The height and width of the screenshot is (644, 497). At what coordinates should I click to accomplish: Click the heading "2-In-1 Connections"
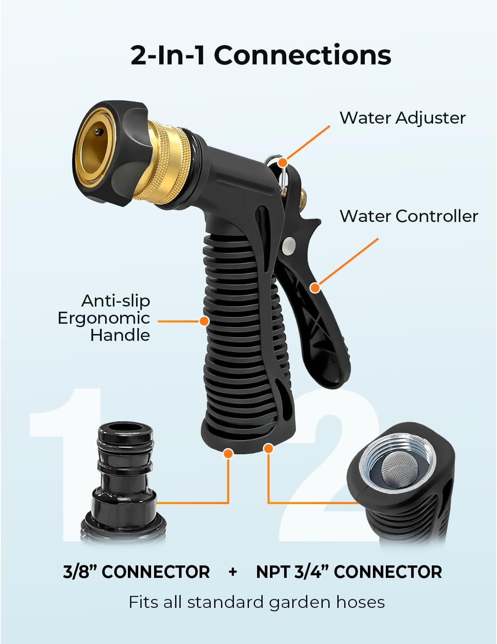pyautogui.click(x=261, y=55)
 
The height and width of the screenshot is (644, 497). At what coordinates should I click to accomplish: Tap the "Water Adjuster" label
pyautogui.click(x=402, y=118)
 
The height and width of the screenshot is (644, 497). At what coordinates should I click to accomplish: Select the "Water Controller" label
pyautogui.click(x=409, y=216)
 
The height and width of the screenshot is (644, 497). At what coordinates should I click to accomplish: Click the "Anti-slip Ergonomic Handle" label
pyautogui.click(x=104, y=318)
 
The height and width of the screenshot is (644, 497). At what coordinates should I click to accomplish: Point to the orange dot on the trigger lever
pyautogui.click(x=315, y=288)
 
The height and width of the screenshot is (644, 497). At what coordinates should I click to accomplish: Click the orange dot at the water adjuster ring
pyautogui.click(x=282, y=162)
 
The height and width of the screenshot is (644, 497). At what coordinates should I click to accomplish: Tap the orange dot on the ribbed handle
pyautogui.click(x=204, y=321)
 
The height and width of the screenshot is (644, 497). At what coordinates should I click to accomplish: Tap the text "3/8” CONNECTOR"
pyautogui.click(x=136, y=572)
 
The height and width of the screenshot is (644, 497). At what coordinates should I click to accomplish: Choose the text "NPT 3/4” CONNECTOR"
pyautogui.click(x=349, y=572)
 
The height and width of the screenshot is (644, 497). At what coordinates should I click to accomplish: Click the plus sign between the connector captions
pyautogui.click(x=233, y=572)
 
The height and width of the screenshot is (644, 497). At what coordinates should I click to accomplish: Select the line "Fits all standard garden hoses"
pyautogui.click(x=257, y=602)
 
